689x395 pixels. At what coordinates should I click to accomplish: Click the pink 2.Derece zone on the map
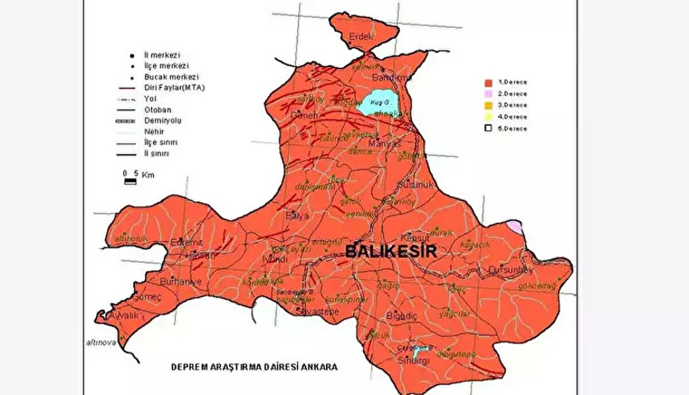515,227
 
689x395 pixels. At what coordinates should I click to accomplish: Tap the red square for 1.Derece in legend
488,82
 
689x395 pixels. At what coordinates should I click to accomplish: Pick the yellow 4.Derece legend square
488,117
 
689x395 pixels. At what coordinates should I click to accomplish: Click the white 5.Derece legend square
488,129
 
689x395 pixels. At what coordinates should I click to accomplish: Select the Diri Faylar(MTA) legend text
175,88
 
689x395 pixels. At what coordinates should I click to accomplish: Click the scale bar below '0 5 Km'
131,181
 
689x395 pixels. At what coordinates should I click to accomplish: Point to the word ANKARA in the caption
322,366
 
